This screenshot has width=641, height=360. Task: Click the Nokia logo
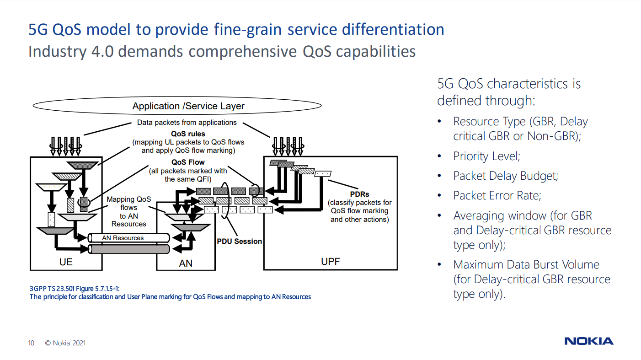point(589,341)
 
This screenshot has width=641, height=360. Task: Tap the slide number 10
point(31,343)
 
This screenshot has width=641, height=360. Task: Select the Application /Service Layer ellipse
point(188,106)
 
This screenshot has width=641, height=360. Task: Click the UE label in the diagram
point(66,263)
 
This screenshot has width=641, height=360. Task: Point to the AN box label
point(186,263)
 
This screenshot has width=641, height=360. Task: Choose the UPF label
point(330,262)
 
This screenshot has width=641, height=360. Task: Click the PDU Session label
point(239,241)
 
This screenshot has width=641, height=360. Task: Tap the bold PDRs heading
point(359,194)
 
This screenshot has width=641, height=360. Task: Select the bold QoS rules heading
point(188,134)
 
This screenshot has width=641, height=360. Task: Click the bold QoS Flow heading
point(188,162)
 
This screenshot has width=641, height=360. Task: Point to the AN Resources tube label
point(123,238)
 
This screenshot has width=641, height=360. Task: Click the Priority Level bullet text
point(486,156)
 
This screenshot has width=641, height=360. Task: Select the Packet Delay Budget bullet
point(506,176)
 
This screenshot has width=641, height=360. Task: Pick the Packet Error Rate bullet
point(497,195)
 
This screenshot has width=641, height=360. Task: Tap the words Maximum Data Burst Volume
point(526,264)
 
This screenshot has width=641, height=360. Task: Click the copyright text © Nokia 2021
point(65,343)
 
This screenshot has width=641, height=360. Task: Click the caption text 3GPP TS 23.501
point(50,289)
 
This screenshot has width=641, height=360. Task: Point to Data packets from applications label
point(187,123)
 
